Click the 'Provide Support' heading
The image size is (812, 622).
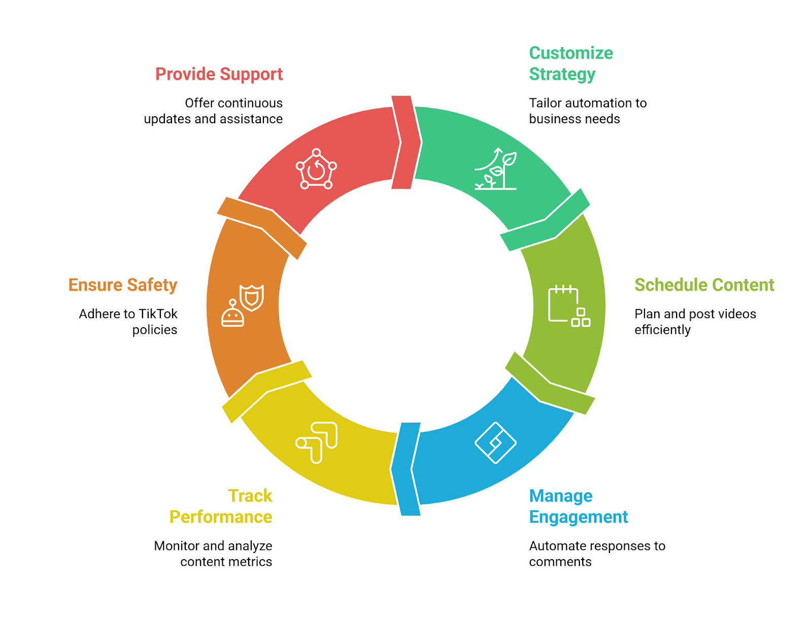pos(219,75)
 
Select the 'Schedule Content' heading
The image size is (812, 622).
pos(703,285)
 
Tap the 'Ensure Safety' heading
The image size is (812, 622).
pos(123,285)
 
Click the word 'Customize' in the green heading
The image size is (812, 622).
pos(570,53)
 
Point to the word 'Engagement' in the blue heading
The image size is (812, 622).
pos(578,517)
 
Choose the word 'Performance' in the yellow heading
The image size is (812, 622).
pos(220,517)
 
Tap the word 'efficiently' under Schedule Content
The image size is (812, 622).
pos(662,330)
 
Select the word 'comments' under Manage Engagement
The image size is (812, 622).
pos(560,562)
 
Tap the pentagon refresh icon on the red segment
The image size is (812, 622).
pos(316,169)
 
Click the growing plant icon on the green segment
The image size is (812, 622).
pos(495,169)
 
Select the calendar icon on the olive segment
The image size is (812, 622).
pos(569,306)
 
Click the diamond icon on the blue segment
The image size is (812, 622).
pos(495,443)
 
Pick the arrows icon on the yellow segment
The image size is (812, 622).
pos(317,443)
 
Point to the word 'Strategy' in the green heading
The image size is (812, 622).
pos(562,75)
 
